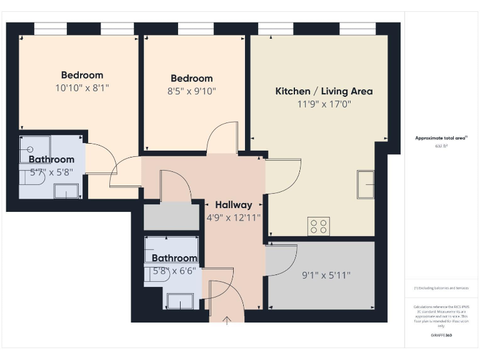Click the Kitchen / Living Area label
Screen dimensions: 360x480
click(x=324, y=91)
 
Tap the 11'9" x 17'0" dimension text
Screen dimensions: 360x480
click(x=324, y=104)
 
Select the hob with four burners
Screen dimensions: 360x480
click(x=318, y=226)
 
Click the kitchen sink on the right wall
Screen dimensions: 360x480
click(x=366, y=181)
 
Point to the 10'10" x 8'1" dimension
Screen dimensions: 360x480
click(x=82, y=88)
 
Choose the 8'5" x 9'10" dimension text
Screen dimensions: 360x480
click(x=192, y=91)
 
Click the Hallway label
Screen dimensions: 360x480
click(x=233, y=205)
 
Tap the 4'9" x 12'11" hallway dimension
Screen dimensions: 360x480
click(x=233, y=217)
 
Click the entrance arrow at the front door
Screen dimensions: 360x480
click(x=227, y=320)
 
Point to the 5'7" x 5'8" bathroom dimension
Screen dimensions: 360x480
click(x=51, y=172)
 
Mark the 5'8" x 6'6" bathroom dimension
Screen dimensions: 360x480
click(x=174, y=271)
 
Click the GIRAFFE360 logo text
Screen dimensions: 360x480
click(x=441, y=336)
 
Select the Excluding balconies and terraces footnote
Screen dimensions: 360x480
click(x=441, y=288)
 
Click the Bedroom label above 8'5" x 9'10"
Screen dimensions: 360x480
click(x=192, y=78)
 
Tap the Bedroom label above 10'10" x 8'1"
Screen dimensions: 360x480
click(x=82, y=75)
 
